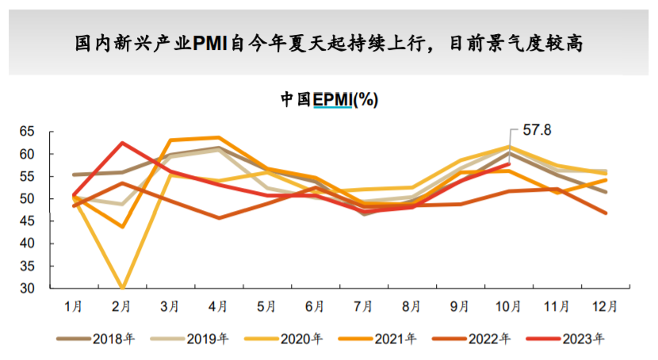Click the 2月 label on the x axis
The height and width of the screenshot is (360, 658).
[x=121, y=305]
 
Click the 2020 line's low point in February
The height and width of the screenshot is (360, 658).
[x=122, y=288]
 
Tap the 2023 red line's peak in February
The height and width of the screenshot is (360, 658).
[x=122, y=143]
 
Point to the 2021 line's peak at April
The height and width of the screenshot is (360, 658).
[x=219, y=138]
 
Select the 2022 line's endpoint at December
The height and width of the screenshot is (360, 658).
[x=606, y=213]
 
